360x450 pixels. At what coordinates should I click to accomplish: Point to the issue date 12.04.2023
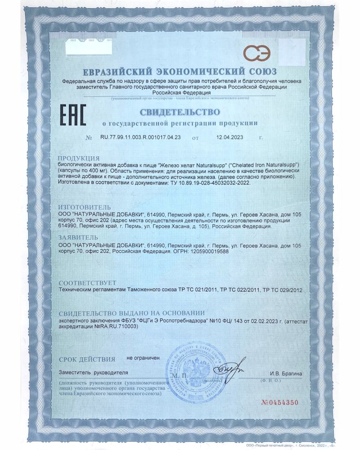pos(229,138)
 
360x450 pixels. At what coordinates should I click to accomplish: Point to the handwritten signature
pos(228,370)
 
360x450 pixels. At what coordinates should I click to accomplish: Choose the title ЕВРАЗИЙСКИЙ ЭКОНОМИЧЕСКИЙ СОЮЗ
pos(180,72)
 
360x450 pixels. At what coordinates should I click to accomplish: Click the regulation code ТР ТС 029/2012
pos(283,290)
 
